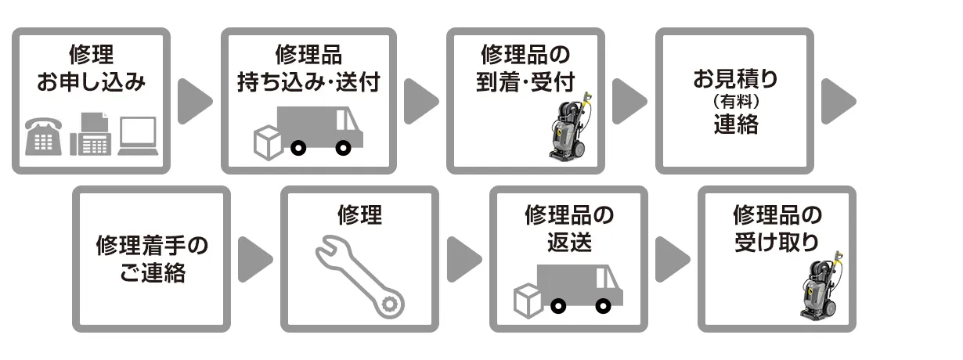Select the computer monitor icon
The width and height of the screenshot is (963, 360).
pyautogui.click(x=138, y=136)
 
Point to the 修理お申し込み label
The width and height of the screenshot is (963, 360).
pyautogui.click(x=91, y=68)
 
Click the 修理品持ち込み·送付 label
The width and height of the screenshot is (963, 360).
pyautogui.click(x=308, y=68)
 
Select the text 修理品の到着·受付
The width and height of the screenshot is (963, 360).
pyautogui.click(x=525, y=68)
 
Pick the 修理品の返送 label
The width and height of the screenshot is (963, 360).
pyautogui.click(x=568, y=227)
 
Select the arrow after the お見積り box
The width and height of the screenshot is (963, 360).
pyautogui.click(x=839, y=101)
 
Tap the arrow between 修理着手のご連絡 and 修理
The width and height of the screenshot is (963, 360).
pyautogui.click(x=255, y=258)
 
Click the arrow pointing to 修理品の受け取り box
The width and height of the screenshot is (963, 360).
pyautogui.click(x=673, y=258)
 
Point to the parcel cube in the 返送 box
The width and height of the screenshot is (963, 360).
pyautogui.click(x=528, y=299)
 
